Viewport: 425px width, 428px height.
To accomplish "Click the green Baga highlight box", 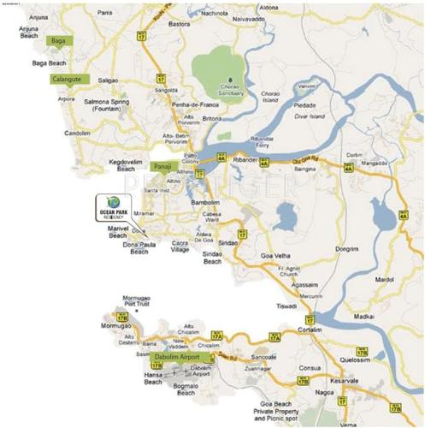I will [61, 41].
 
